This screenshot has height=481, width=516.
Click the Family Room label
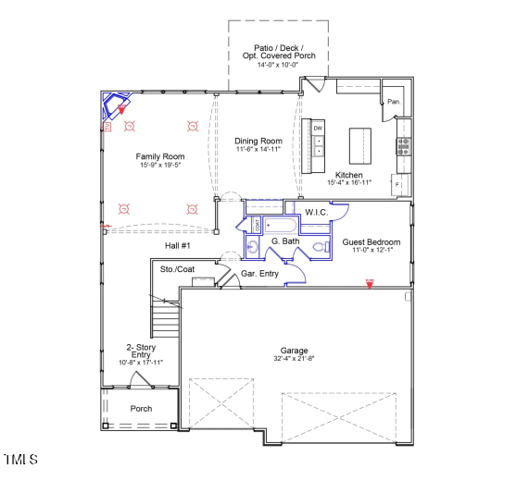pyautogui.click(x=160, y=156)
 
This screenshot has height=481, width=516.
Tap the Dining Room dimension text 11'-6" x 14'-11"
pyautogui.click(x=257, y=150)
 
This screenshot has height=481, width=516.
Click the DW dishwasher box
pyautogui.click(x=318, y=128)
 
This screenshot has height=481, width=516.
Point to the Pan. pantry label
pyautogui.click(x=394, y=102)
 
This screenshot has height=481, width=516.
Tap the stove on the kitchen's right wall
pyautogui.click(x=403, y=144)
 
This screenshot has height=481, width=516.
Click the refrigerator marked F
pyautogui.click(x=398, y=185)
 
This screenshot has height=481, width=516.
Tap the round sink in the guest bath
pyautogui.click(x=252, y=246)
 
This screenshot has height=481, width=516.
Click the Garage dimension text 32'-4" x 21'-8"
pyautogui.click(x=295, y=359)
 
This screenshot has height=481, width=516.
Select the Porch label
pyautogui.click(x=141, y=408)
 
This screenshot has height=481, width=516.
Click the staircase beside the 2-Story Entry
pyautogui.click(x=165, y=321)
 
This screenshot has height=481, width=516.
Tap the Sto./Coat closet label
pyautogui.click(x=177, y=269)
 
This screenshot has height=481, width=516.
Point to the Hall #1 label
pyautogui.click(x=177, y=245)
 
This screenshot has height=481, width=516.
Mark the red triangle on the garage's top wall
pyautogui.click(x=370, y=284)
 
